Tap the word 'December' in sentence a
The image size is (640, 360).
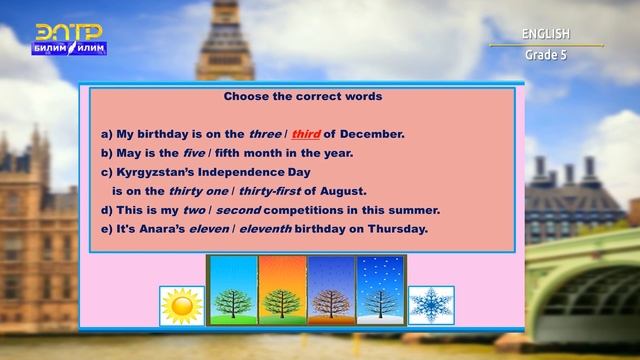coord(369,134)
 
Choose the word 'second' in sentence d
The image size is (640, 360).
coord(238,210)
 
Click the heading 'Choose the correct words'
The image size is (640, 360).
coord(302,98)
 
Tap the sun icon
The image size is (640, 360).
coord(182,305)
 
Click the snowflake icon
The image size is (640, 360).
coord(431,305)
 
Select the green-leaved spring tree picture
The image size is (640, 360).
coord(232,290)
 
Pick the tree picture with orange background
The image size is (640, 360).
coord(282,290)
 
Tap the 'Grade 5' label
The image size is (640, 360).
coord(545,55)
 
